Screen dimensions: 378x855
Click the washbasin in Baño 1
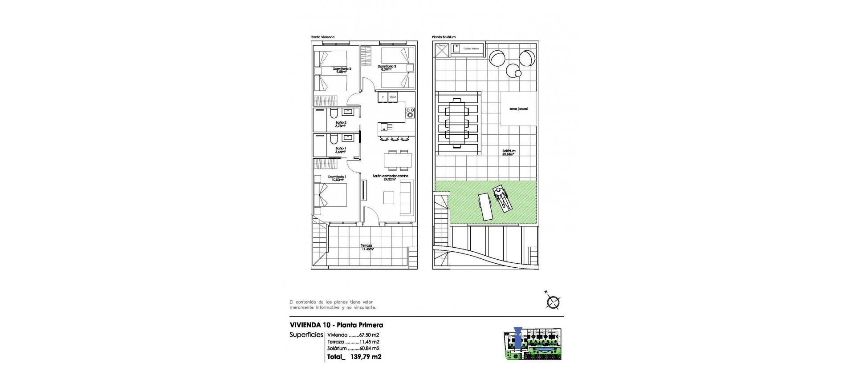(x=348, y=137)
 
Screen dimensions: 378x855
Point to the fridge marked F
(x=383, y=97)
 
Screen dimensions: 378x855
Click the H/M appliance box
(x=393, y=97)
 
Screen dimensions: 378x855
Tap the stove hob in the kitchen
(x=410, y=113)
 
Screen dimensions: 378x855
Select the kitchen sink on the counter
(x=383, y=126)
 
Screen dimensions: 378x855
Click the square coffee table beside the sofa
(x=389, y=197)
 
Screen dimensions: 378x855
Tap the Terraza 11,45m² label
(x=367, y=247)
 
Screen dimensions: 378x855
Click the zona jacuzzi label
(x=518, y=109)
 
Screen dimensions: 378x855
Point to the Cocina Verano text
(x=468, y=48)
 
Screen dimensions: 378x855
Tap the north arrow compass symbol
(x=553, y=302)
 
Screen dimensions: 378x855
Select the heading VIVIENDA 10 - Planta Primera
(x=336, y=325)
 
